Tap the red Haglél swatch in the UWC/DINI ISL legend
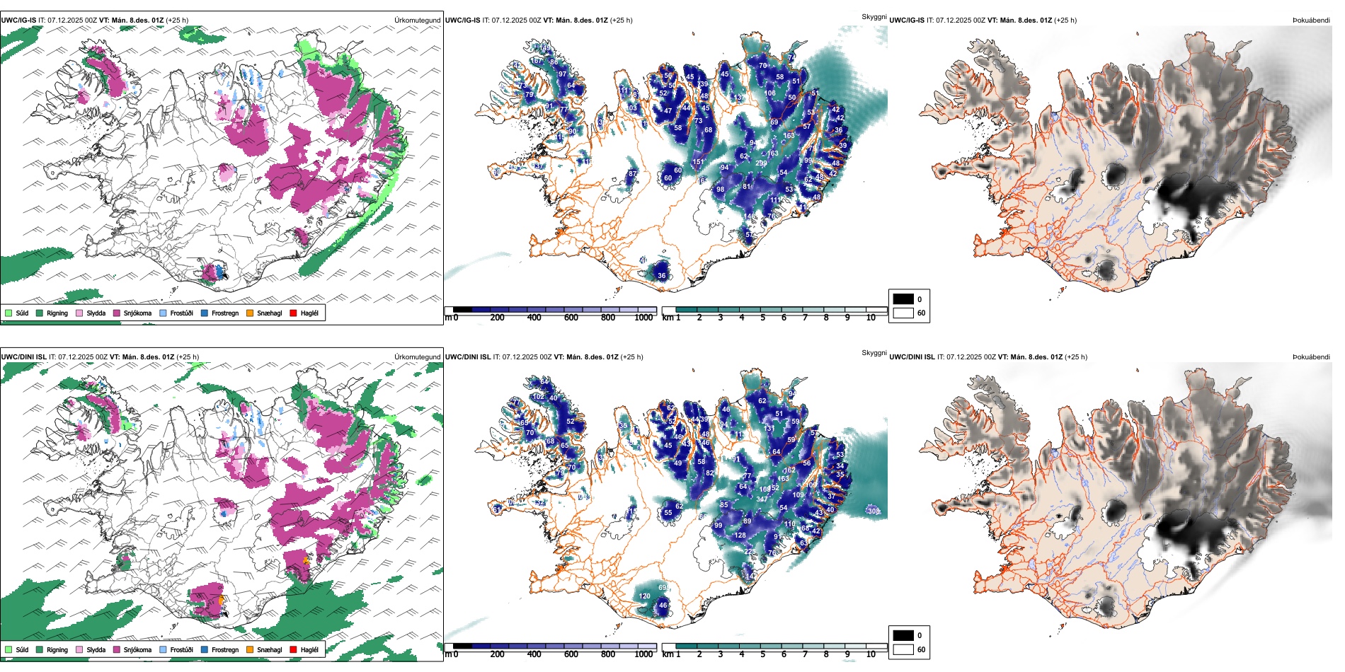click(x=294, y=649)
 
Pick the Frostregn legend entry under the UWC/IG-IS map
click(x=219, y=313)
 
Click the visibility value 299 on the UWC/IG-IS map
click(x=761, y=163)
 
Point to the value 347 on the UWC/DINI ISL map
click(x=762, y=499)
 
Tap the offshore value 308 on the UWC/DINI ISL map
click(x=874, y=511)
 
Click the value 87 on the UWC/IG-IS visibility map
click(x=633, y=173)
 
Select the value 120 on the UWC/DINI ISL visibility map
click(x=644, y=596)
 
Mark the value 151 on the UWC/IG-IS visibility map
click(x=698, y=162)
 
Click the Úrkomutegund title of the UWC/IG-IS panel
click(x=417, y=21)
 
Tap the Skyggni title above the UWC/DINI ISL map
click(x=874, y=352)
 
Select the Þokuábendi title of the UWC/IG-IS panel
click(x=1311, y=21)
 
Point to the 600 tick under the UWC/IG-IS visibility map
click(x=571, y=318)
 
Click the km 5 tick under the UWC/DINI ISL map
click(x=763, y=654)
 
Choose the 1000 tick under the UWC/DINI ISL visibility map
click(x=643, y=654)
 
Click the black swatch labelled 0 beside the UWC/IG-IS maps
click(x=903, y=299)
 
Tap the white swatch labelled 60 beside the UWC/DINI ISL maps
click(x=903, y=649)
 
